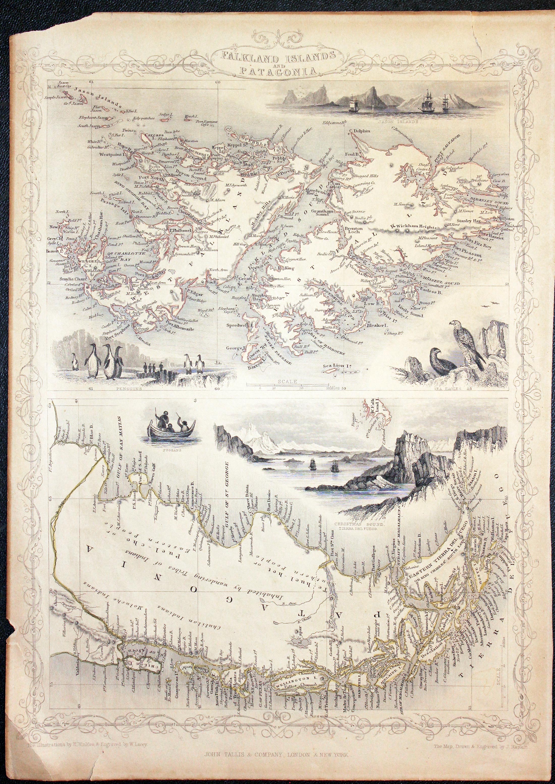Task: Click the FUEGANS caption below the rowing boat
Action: pyautogui.click(x=170, y=450)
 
